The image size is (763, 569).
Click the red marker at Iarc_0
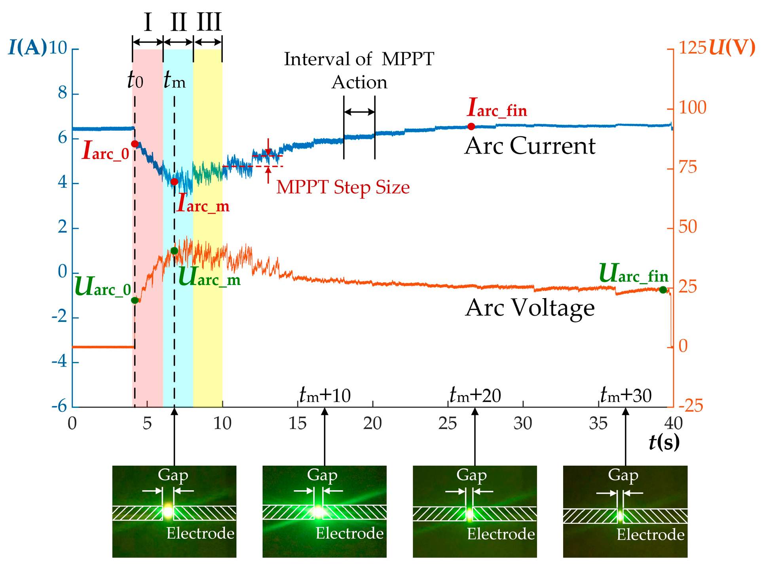click(x=135, y=144)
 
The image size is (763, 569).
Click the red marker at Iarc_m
click(x=174, y=182)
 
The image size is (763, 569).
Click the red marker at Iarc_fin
click(x=471, y=126)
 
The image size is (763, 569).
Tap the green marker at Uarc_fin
click(x=663, y=290)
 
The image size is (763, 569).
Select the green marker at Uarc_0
click(x=135, y=300)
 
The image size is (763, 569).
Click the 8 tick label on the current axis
click(x=63, y=93)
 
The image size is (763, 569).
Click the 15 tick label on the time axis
click(x=297, y=423)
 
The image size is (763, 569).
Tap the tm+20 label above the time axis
click(x=475, y=396)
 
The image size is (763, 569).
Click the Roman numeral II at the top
click(x=178, y=23)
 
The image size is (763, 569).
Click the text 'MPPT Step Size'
click(x=343, y=187)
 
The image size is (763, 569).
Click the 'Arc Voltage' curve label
click(x=530, y=308)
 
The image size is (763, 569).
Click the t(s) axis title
click(x=664, y=442)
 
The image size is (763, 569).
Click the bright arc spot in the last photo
click(x=620, y=516)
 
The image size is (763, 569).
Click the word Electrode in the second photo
click(x=349, y=533)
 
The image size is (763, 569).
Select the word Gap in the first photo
click(x=173, y=475)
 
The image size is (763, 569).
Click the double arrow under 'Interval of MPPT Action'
click(x=359, y=112)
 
